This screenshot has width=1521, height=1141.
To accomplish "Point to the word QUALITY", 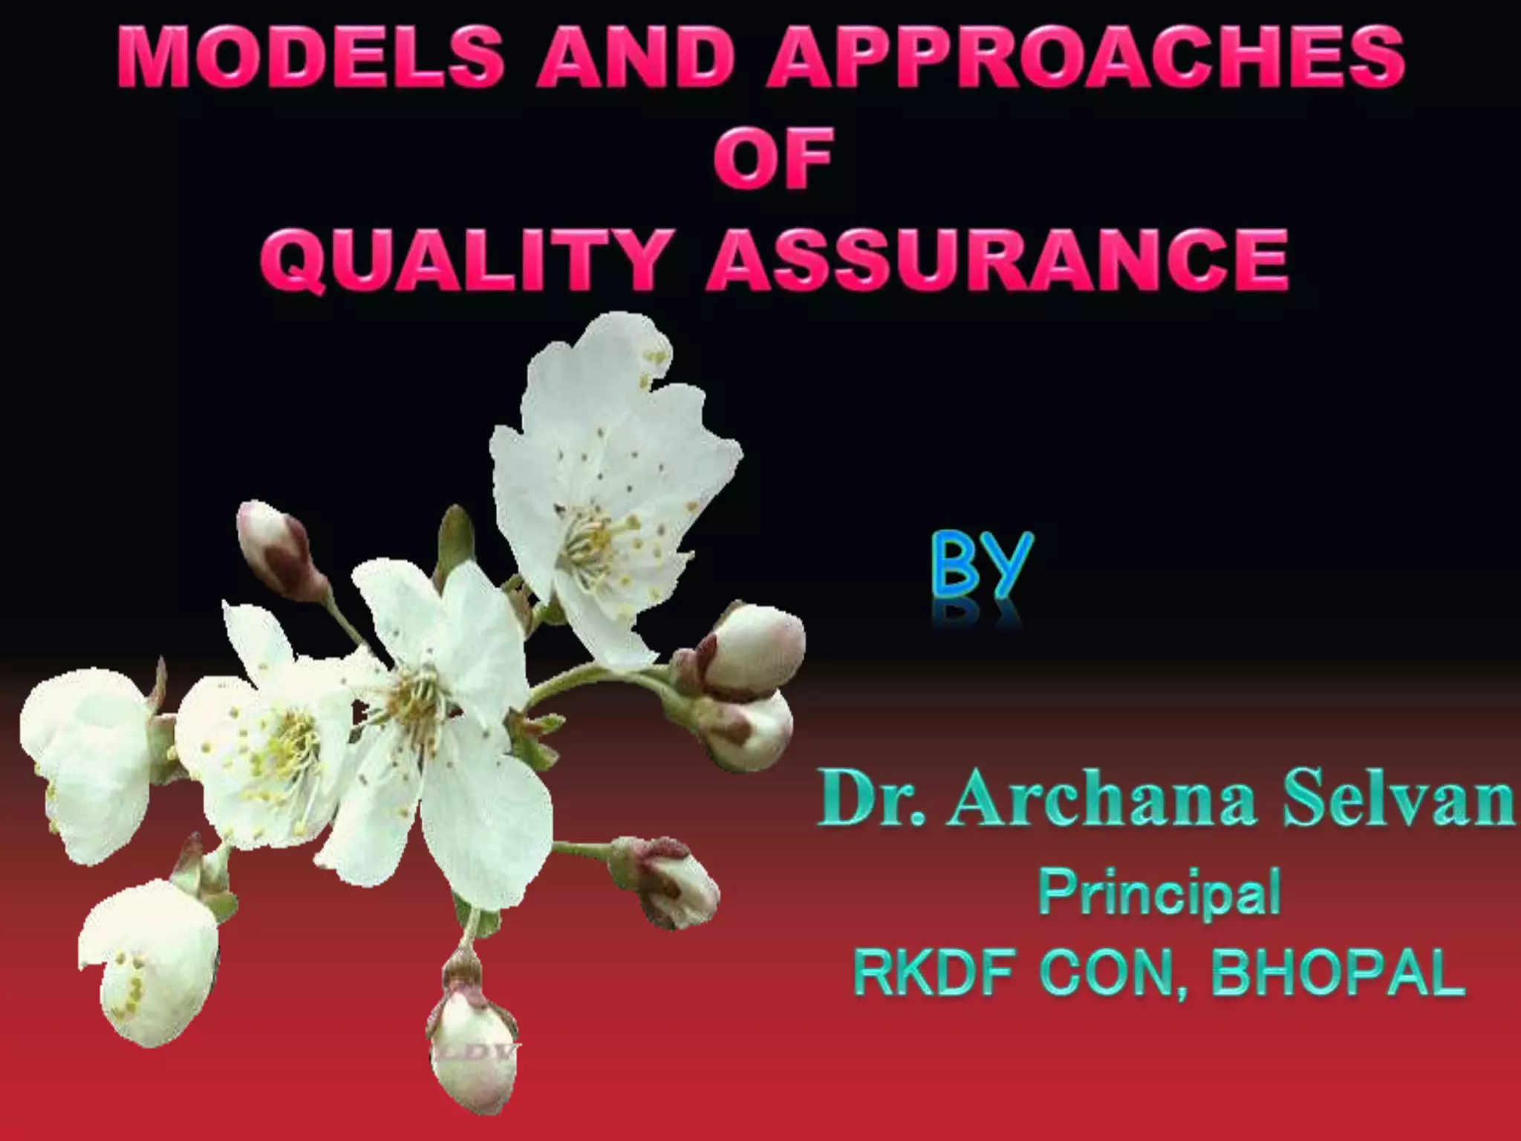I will pos(460,259).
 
